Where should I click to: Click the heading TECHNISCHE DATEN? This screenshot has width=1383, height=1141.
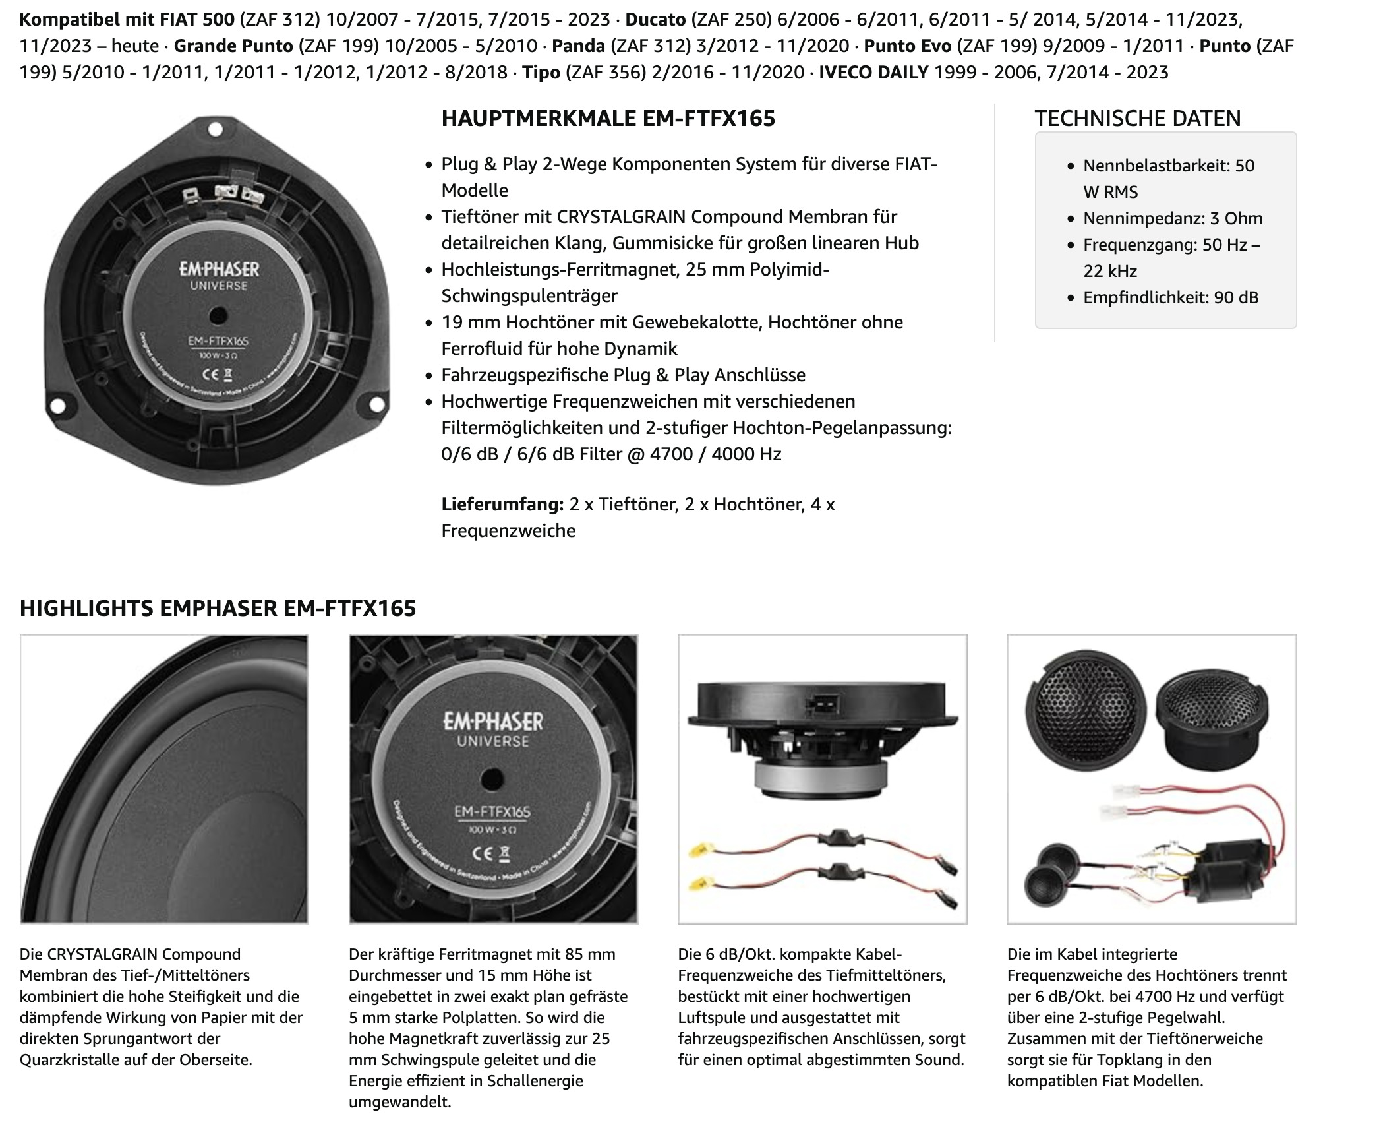click(1137, 119)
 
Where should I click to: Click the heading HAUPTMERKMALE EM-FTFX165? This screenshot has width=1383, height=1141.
click(608, 119)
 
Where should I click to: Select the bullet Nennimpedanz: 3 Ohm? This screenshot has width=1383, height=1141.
click(1173, 218)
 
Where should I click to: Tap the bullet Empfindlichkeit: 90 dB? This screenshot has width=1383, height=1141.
click(1170, 297)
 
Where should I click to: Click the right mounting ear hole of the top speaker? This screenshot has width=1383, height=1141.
click(377, 404)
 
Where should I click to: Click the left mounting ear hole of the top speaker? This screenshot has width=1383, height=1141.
click(57, 404)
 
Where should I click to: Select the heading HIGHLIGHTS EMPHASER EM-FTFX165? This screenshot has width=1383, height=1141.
click(218, 608)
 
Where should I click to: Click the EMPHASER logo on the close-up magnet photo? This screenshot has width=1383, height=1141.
click(493, 721)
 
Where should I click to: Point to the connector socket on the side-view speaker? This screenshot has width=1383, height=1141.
click(822, 706)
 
